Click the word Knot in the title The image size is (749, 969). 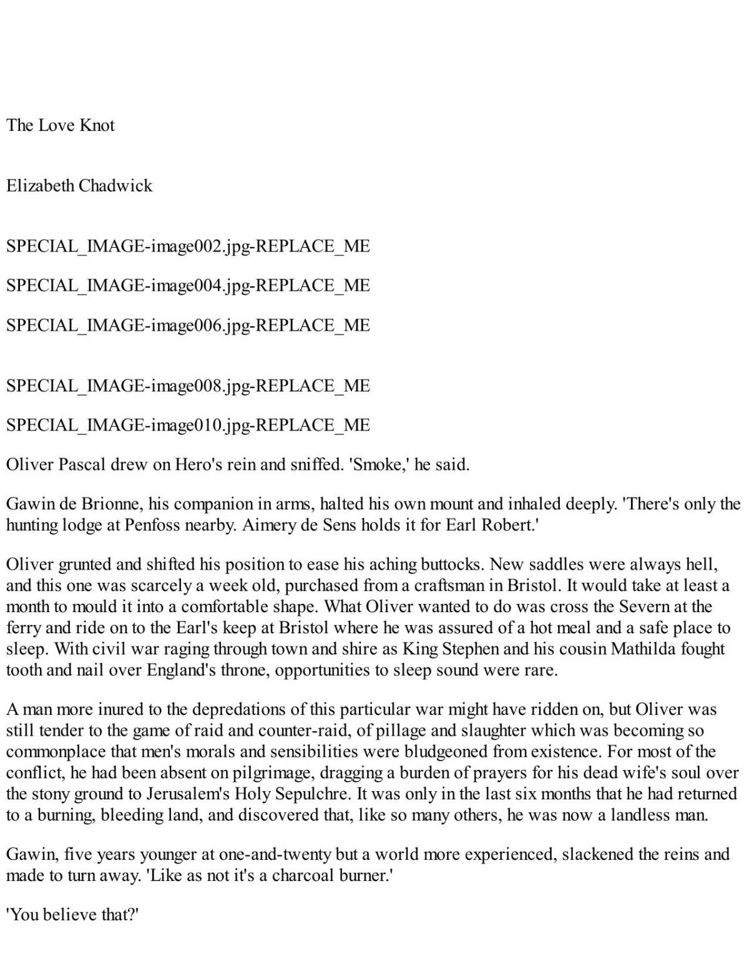click(97, 125)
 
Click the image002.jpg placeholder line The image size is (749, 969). click(188, 246)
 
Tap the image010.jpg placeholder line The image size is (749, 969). click(188, 425)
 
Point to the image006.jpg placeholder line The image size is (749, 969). click(188, 325)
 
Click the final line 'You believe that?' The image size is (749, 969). click(72, 915)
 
